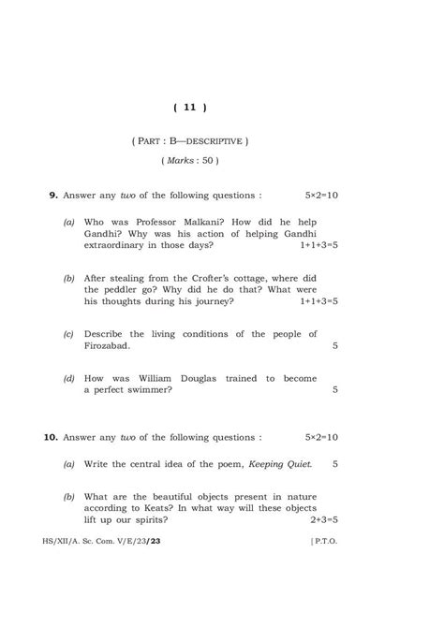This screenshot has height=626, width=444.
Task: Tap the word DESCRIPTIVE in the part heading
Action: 214,141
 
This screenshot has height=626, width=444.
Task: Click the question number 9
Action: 53,196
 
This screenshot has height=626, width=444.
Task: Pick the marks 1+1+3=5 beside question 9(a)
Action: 318,245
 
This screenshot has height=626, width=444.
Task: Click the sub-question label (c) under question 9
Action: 69,334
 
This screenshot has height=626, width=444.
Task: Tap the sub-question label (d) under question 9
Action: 69,378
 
